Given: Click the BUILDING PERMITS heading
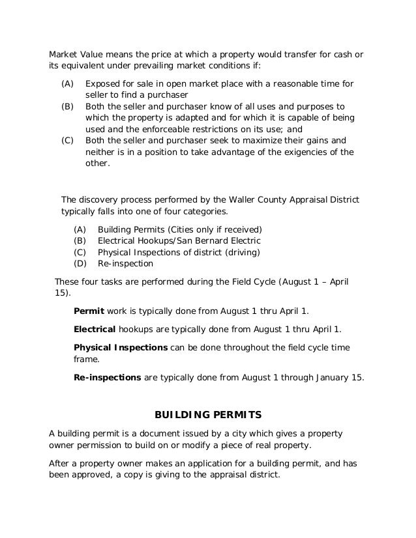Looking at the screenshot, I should click(207, 414).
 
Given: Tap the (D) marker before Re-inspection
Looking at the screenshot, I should click(81, 264).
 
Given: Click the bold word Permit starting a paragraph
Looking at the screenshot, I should click(89, 310).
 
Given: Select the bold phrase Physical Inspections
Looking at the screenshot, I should click(121, 347).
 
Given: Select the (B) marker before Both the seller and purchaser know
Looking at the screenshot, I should click(67, 105).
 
